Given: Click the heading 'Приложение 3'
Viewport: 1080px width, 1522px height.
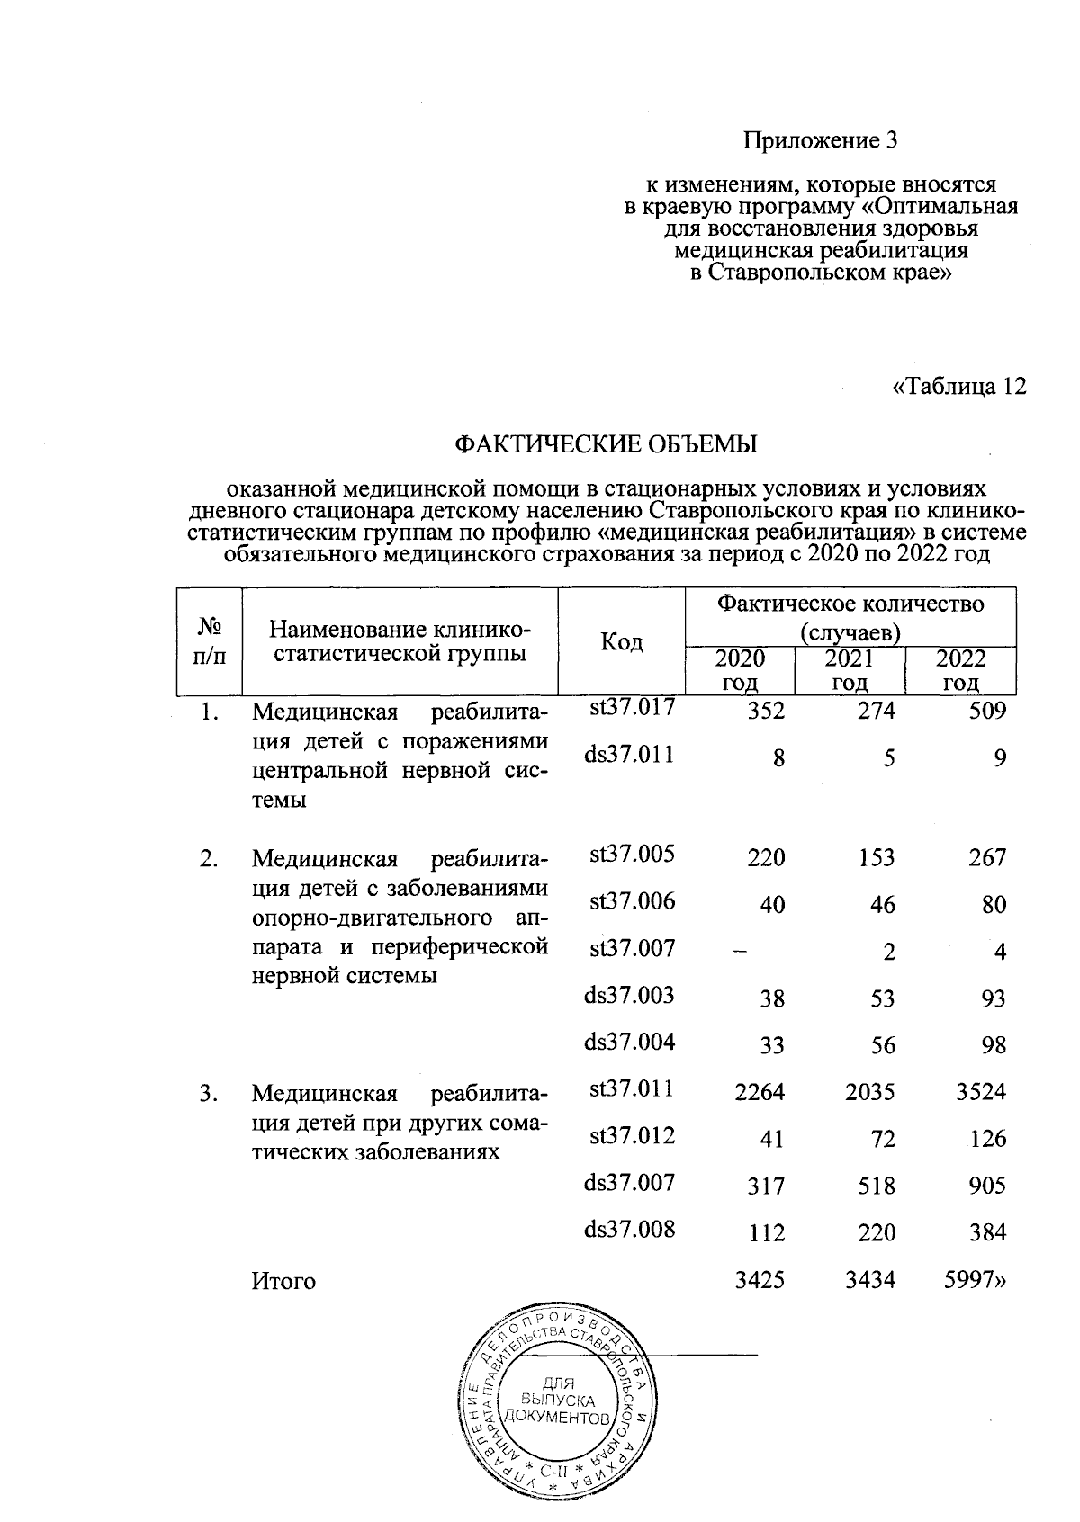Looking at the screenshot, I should coord(820,141).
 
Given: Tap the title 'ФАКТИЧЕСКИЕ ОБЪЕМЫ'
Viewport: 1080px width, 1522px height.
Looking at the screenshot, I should coord(606,443).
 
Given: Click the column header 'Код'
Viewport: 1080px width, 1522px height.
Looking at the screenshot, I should coord(621,641).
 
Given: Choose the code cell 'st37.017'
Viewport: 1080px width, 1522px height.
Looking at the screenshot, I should coord(632,708).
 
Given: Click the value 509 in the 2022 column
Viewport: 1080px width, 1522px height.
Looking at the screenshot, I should coord(986,711).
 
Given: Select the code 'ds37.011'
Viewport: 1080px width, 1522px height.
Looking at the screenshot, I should coord(629,755).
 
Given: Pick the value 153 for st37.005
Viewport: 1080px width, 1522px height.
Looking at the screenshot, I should coord(876,857).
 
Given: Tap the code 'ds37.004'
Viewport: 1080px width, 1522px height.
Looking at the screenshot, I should coord(629,1043).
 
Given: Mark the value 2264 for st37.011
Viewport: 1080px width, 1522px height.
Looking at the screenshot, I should coord(760,1092).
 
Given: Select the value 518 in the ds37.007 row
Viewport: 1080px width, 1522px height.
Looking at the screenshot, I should coord(876,1186).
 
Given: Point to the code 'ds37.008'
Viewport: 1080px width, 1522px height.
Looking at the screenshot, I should coord(629,1230).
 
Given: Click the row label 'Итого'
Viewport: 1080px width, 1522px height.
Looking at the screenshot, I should coord(283,1280).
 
